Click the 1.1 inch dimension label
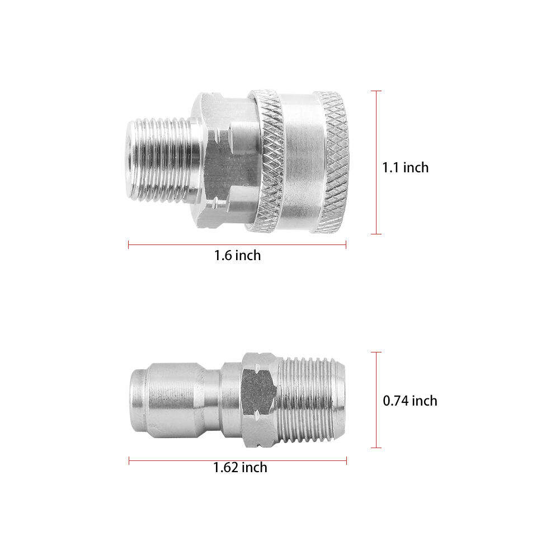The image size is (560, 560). coord(406,167)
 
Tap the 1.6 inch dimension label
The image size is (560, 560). coord(238,255)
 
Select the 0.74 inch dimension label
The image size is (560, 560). coord(410,401)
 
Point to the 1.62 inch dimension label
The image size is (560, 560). coord(240,468)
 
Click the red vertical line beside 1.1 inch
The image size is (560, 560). coord(376,162)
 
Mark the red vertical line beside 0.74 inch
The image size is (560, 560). coord(376,399)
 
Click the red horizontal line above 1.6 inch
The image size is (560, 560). coord(237,244)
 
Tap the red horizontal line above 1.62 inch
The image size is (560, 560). coord(238,461)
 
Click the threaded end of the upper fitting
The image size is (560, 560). coord(161,161)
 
